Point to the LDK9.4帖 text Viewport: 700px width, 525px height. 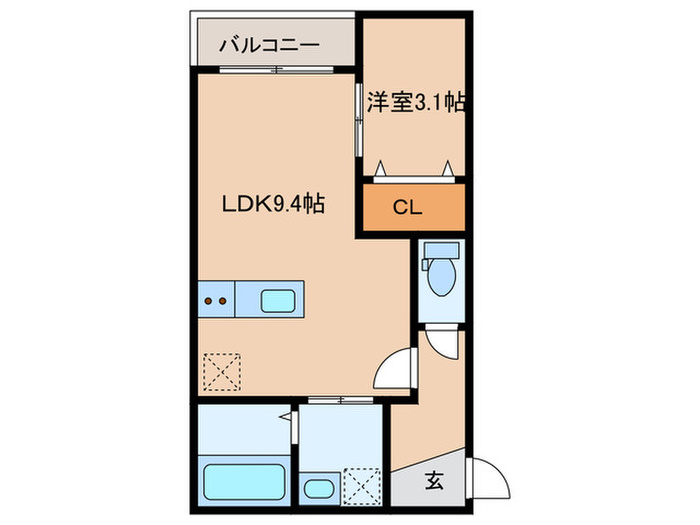tap(271, 204)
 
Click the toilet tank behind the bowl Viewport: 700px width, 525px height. tap(440, 252)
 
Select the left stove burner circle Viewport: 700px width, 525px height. tap(208, 298)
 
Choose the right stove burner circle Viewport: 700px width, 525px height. tap(223, 298)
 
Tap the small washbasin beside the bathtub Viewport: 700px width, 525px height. tap(319, 490)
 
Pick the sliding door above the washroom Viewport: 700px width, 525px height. tap(340, 400)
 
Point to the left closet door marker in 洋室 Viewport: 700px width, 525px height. tap(381, 167)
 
